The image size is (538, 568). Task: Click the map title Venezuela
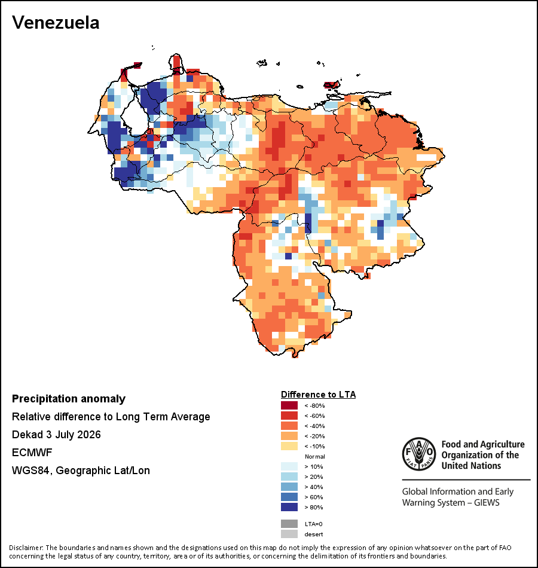coord(56,23)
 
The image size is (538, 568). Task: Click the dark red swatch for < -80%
coord(289,405)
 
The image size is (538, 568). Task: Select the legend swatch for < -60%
coord(289,416)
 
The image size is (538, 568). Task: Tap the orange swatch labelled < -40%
coord(289,426)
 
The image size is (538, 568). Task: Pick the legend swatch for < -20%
coord(289,436)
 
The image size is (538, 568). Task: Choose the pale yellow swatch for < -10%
coord(289,446)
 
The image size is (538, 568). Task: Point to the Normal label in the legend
coord(315,456)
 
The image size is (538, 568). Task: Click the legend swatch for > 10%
coord(289,466)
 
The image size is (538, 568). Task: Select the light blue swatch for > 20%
coord(289,477)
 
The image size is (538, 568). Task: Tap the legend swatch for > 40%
coord(289,487)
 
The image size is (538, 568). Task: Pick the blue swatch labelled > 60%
coord(289,497)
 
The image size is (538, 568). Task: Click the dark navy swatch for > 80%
coord(289,507)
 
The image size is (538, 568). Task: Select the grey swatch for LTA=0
coord(289,524)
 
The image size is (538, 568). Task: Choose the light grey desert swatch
coord(289,534)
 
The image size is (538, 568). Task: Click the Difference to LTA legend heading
coord(318,395)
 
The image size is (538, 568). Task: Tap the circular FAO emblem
coord(419,454)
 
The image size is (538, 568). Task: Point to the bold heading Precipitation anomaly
coord(69,399)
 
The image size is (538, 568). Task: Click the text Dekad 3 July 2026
coord(56,435)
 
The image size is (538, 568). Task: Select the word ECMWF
coord(32,453)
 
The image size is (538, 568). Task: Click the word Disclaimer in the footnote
coord(25,547)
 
